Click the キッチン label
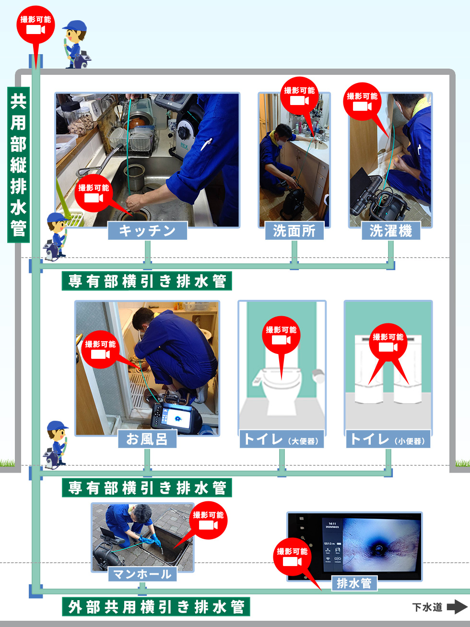[147, 231]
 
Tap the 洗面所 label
[294, 231]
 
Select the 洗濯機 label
[391, 231]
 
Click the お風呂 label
[147, 439]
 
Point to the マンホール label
[142, 574]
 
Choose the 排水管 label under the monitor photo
[354, 583]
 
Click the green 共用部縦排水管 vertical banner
[19, 165]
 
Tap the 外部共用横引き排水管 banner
[156, 606]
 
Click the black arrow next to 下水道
[457, 607]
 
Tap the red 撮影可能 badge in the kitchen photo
[94, 194]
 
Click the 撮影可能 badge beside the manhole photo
[208, 521]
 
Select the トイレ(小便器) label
[388, 439]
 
